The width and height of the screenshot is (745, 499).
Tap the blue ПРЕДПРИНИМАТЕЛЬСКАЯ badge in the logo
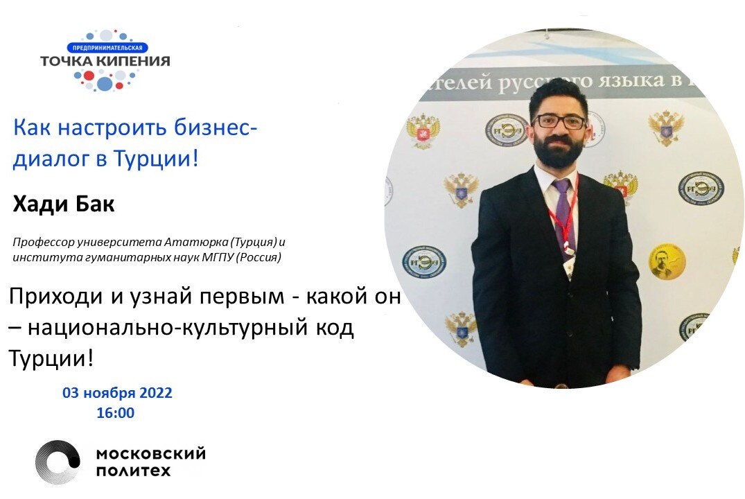tap(108, 48)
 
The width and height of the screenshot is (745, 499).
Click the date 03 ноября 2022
tap(117, 393)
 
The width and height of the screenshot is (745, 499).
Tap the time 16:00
tap(116, 413)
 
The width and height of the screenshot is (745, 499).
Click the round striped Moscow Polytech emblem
tap(58, 462)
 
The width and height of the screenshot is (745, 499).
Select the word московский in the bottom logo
tap(150, 454)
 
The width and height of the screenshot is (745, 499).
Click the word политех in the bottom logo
tap(133, 471)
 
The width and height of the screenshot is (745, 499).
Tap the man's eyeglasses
tap(560, 122)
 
